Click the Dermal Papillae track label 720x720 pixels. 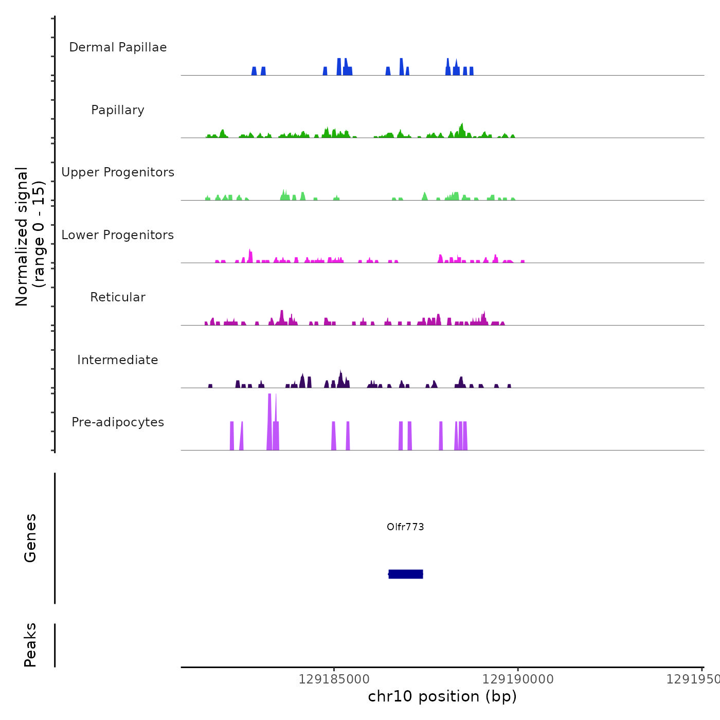(x=118, y=47)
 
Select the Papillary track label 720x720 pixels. (x=118, y=110)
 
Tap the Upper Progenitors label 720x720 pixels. (x=118, y=172)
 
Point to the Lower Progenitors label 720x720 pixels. (x=118, y=235)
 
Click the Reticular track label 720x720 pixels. (x=118, y=297)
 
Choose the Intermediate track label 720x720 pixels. (x=118, y=360)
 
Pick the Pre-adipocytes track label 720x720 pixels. (x=118, y=422)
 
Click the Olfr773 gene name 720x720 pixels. (x=405, y=527)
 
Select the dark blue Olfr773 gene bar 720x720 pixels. (x=406, y=574)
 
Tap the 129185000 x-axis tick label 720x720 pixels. (x=334, y=679)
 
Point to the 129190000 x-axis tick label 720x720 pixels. (x=518, y=679)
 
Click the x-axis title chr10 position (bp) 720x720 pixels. (x=442, y=696)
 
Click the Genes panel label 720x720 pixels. (x=30, y=538)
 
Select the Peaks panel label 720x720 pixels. (x=30, y=645)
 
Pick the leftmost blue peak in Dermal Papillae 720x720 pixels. (x=254, y=71)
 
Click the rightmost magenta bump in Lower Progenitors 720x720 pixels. (x=523, y=261)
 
